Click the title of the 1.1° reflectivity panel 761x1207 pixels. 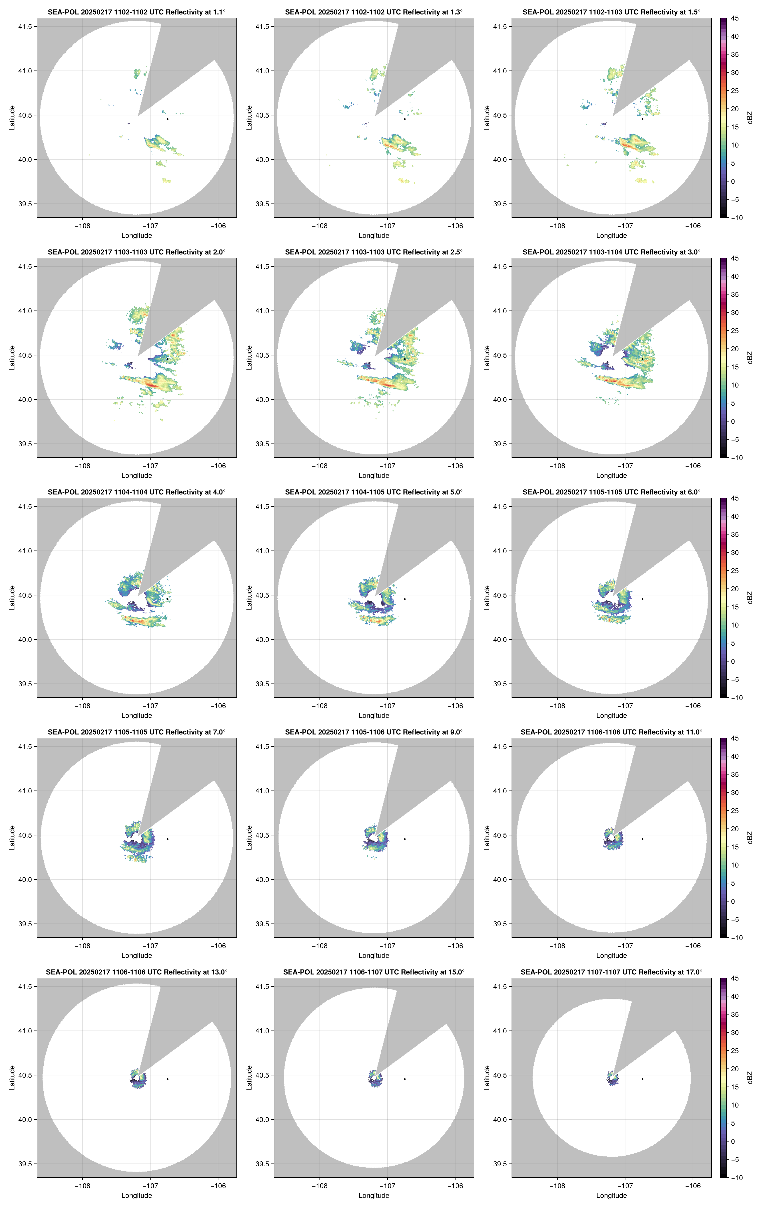pyautogui.click(x=137, y=12)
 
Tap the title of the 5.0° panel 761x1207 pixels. pyautogui.click(x=374, y=492)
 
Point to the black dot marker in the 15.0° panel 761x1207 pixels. pyautogui.click(x=405, y=1079)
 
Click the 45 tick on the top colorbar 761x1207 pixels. pyautogui.click(x=735, y=18)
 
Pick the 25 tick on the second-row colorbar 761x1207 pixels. pyautogui.click(x=735, y=331)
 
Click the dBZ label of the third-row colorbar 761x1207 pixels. pyautogui.click(x=750, y=598)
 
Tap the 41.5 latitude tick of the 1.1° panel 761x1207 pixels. pyautogui.click(x=25, y=26)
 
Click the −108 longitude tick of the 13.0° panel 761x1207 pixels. pyautogui.click(x=83, y=1186)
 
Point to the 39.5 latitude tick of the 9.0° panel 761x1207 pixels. pyautogui.click(x=262, y=924)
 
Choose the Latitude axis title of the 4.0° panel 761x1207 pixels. pyautogui.click(x=12, y=598)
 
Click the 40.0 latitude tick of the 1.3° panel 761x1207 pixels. pyautogui.click(x=262, y=159)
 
